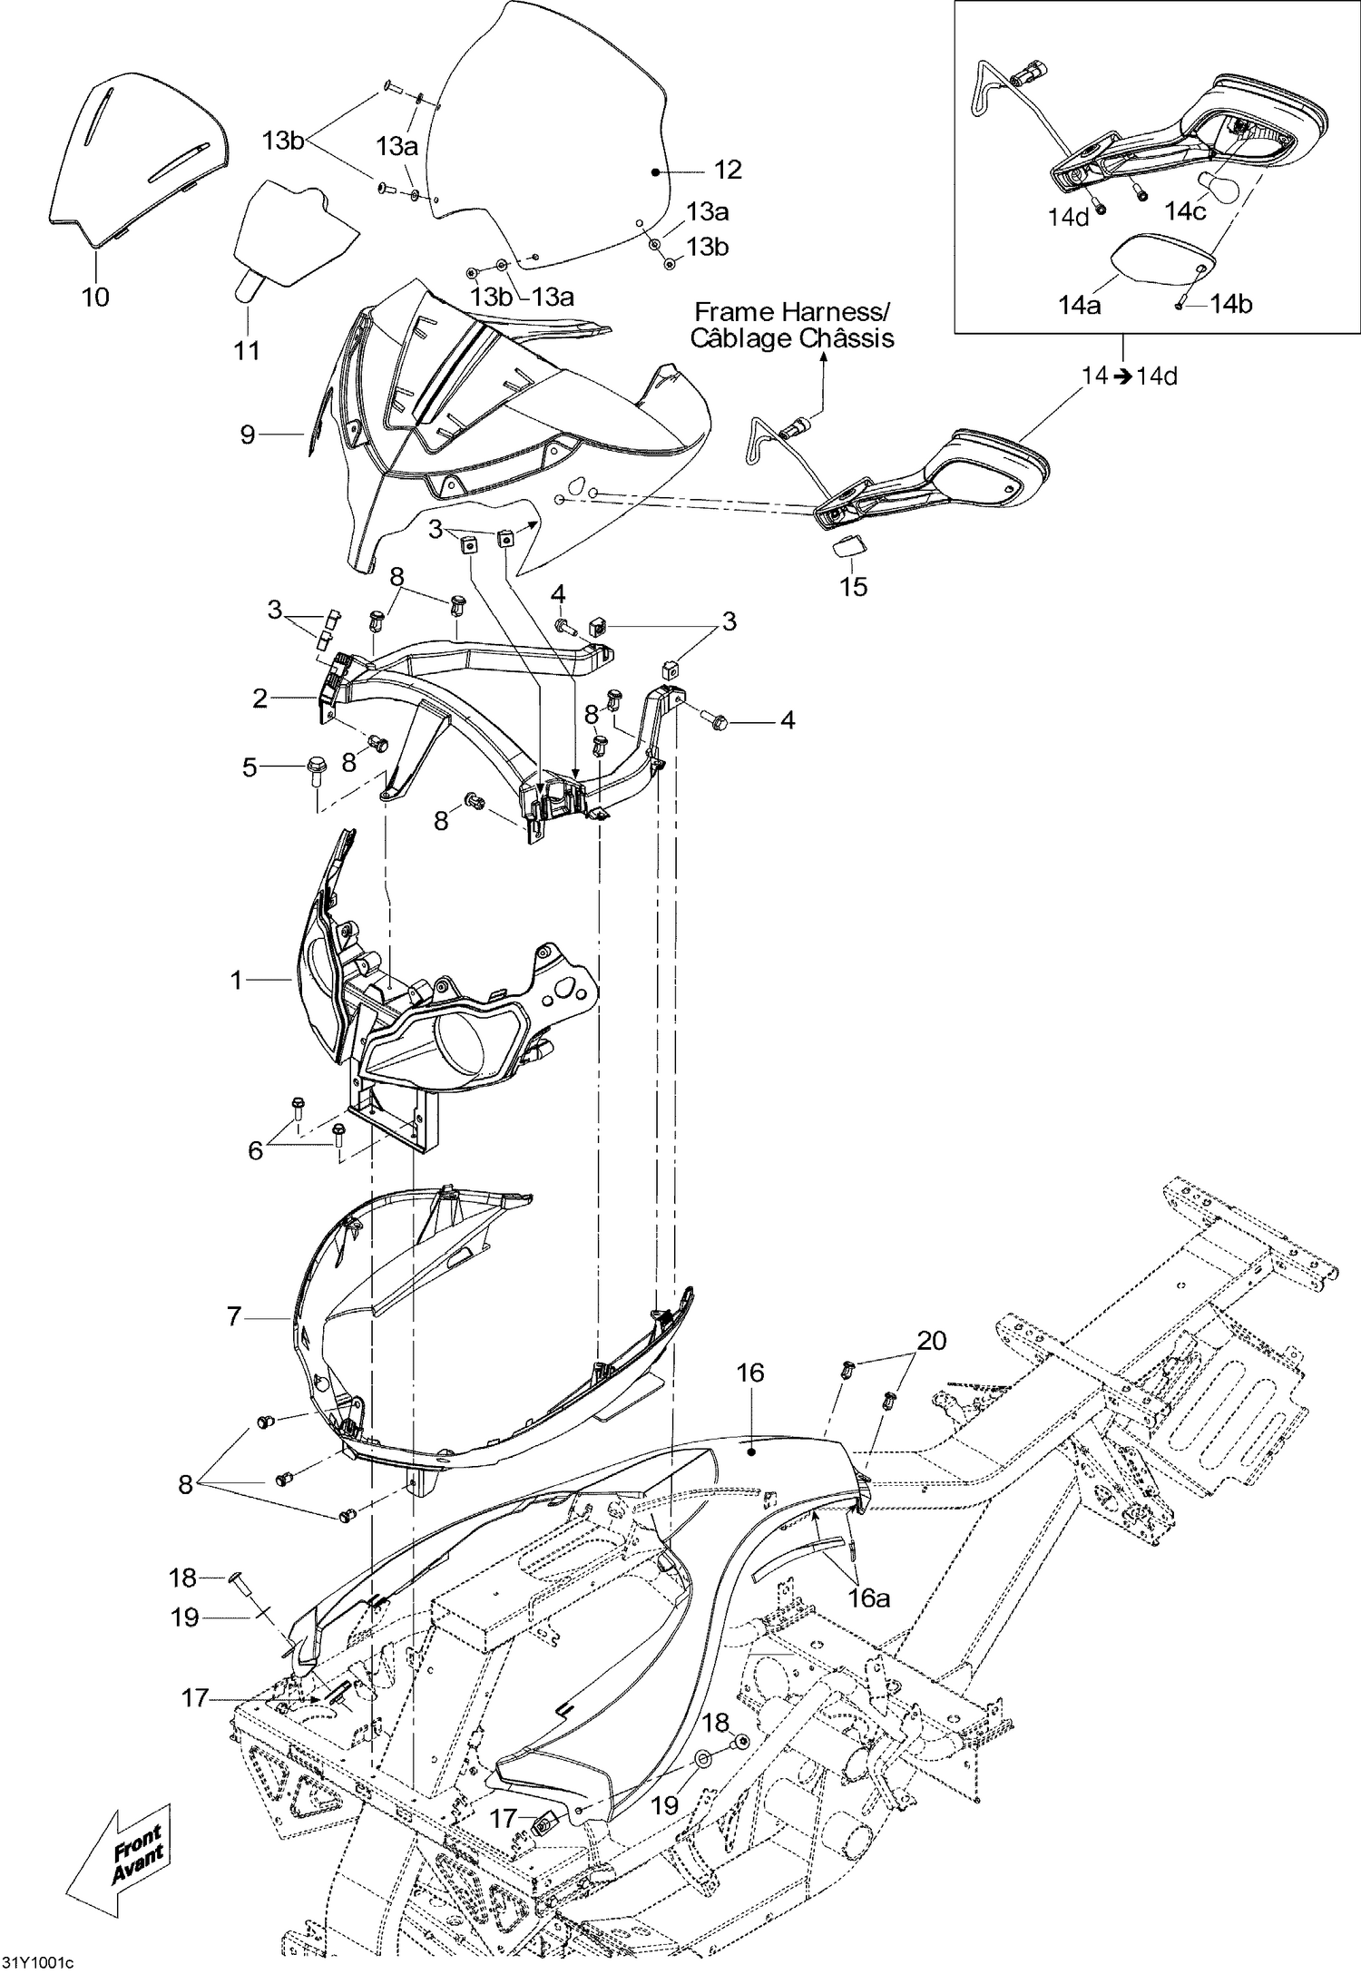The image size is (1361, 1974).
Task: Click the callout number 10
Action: (x=95, y=297)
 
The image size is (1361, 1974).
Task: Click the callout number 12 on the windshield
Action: (x=728, y=170)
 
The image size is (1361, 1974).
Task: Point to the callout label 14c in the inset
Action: (x=1185, y=211)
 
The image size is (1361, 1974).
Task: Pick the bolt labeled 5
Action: (x=317, y=767)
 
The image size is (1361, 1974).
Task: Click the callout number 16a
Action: (x=868, y=1598)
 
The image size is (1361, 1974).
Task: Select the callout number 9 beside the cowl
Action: (x=248, y=435)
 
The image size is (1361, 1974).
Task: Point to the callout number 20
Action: (x=931, y=1340)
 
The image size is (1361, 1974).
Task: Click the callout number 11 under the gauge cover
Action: (x=247, y=350)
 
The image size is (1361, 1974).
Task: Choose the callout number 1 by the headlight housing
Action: (x=237, y=980)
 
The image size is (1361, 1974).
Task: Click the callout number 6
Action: (x=255, y=1150)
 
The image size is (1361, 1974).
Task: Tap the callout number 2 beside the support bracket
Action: (x=260, y=698)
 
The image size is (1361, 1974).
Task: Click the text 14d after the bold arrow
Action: (x=1157, y=376)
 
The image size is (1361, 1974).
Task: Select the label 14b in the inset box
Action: (x=1231, y=305)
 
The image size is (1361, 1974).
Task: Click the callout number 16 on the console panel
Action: (x=750, y=1373)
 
